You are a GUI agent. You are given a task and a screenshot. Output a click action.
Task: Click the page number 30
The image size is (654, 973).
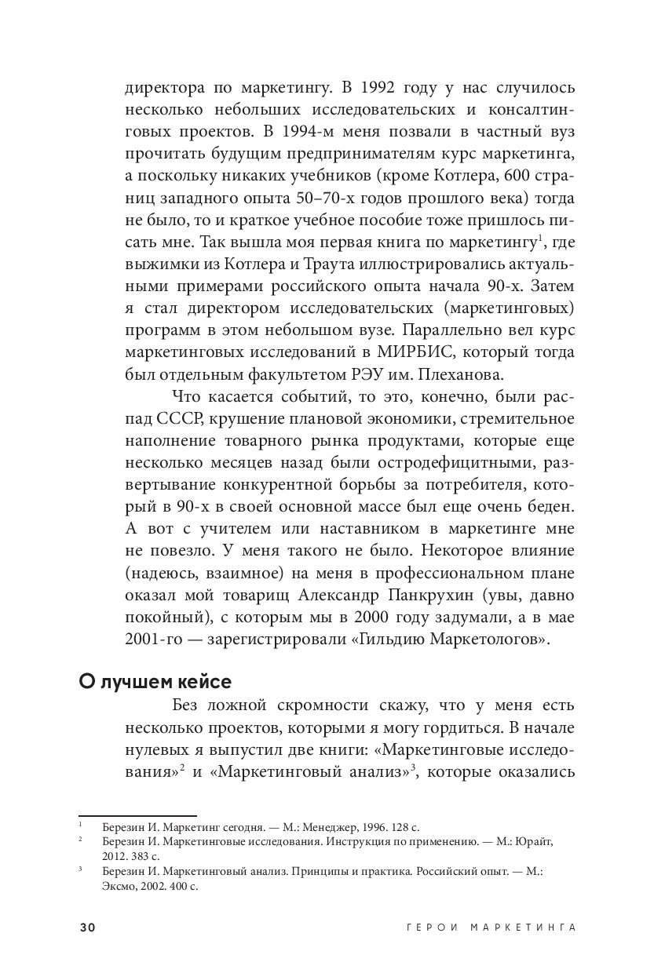pyautogui.click(x=87, y=927)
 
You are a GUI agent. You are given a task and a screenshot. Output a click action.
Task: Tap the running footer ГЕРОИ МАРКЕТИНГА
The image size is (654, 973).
pyautogui.click(x=492, y=927)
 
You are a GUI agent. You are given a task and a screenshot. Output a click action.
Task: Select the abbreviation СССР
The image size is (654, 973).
pyautogui.click(x=185, y=417)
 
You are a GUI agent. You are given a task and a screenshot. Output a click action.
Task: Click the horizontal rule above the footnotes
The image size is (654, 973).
pyautogui.click(x=137, y=816)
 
